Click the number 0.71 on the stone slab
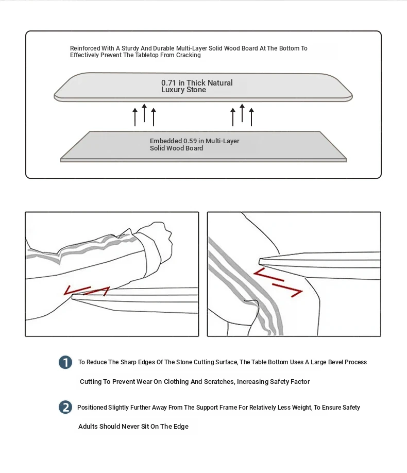tap(169, 83)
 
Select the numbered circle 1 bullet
tap(65, 362)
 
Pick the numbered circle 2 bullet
tap(65, 408)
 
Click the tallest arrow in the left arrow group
tap(144, 113)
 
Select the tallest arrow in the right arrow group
tap(242, 113)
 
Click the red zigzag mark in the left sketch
tap(87, 291)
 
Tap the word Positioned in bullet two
tap(92, 408)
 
